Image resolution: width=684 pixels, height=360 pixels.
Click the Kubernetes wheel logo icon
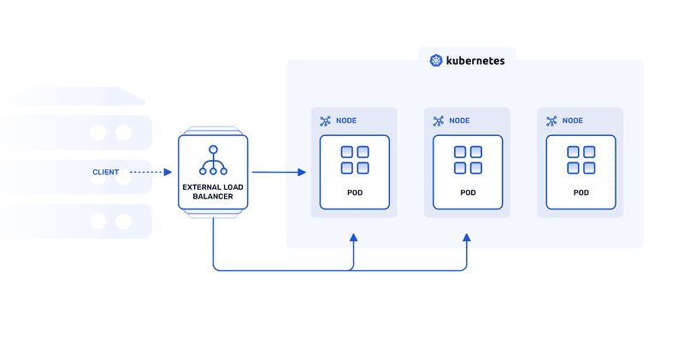coord(436,61)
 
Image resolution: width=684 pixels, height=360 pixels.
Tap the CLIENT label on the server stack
coord(106,173)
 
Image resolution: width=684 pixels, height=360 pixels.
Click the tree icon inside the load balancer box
coord(212,160)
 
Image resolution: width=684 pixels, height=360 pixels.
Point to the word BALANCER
coord(212,196)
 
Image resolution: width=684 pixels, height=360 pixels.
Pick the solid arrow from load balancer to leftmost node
coord(279,173)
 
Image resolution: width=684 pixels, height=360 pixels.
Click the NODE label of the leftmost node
coord(346,121)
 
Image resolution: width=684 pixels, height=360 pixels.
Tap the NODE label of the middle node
coord(460,121)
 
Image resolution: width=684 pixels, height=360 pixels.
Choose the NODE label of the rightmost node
coord(573,121)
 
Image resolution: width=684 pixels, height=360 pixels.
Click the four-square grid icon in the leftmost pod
coord(355,160)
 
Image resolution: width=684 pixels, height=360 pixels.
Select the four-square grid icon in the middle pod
coord(468,160)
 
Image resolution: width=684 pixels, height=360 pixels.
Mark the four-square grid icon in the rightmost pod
coord(581,160)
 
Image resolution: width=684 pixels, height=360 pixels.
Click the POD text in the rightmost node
coord(581,192)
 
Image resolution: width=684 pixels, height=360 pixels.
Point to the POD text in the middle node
coord(468,192)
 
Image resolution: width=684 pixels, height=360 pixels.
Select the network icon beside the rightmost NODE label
coord(551,121)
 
